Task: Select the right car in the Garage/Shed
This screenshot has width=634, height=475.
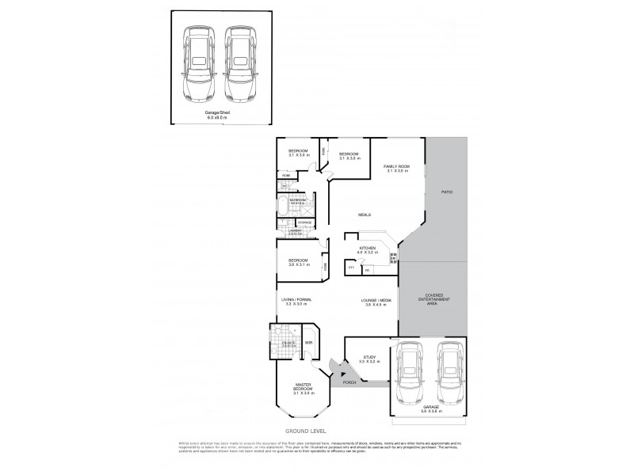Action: pyautogui.click(x=239, y=64)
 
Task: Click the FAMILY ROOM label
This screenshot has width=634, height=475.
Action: pyautogui.click(x=395, y=166)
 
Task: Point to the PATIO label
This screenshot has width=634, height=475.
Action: pyautogui.click(x=449, y=192)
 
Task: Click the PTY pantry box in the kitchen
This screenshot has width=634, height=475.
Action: pyautogui.click(x=350, y=268)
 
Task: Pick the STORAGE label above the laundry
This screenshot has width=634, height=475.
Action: pyautogui.click(x=304, y=223)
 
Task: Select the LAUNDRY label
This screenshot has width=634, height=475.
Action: pyautogui.click(x=295, y=232)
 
